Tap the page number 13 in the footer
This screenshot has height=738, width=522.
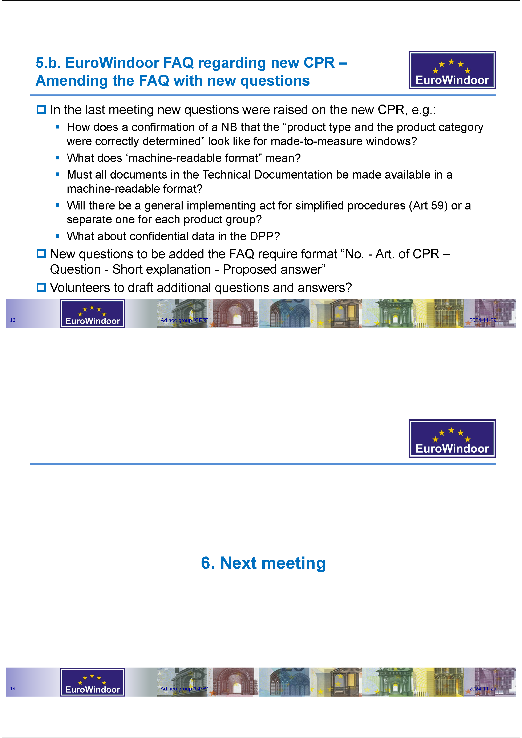[x=13, y=320]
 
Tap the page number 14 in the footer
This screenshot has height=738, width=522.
[x=13, y=689]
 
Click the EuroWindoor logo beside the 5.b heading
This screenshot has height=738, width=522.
[x=452, y=70]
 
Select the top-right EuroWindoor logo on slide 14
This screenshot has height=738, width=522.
[x=452, y=439]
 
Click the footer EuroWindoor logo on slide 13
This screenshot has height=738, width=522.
[x=93, y=314]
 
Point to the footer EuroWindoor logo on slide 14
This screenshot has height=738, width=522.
[x=93, y=682]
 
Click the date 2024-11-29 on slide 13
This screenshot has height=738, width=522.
[x=482, y=320]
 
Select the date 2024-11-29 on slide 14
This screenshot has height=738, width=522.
[x=482, y=689]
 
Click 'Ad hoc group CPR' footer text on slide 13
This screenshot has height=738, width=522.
[x=184, y=320]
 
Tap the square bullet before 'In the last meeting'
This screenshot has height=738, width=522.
[x=41, y=110]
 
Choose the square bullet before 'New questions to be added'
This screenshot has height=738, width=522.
[x=41, y=254]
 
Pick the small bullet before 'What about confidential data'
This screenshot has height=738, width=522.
[x=58, y=236]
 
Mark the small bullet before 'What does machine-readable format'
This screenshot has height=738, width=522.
[x=58, y=158]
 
